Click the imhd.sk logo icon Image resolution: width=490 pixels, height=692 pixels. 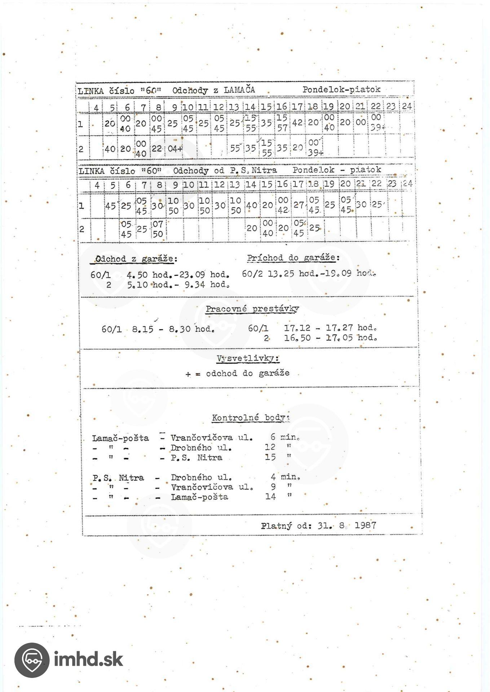tap(32, 660)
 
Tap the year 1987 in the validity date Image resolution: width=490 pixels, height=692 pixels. tap(365, 525)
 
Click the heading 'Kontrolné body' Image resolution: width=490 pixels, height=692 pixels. tap(251, 418)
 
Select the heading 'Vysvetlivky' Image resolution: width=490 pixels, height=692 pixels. tap(248, 359)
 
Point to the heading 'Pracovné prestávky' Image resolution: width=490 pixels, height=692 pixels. tap(252, 309)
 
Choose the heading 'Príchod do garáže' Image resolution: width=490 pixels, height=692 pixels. tap(293, 258)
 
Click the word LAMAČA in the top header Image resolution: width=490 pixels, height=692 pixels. tap(239, 90)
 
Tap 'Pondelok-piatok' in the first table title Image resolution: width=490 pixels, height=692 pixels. tap(341, 89)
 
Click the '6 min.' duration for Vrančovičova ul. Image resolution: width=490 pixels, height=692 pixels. tap(285, 437)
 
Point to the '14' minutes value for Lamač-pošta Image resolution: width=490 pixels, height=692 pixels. tap(270, 497)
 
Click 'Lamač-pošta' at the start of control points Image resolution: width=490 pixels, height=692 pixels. tap(120, 438)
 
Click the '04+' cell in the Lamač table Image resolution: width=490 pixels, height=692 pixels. tap(175, 148)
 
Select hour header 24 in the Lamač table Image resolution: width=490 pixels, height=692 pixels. tap(407, 106)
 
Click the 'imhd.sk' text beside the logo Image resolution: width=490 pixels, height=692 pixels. tap(88, 660)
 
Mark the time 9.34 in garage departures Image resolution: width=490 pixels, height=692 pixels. tap(196, 285)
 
